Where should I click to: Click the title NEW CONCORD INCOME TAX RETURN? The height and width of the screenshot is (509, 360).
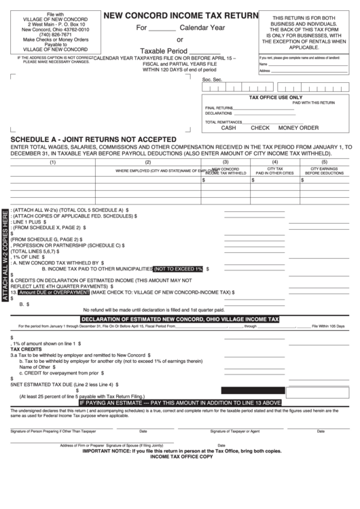(x=181, y=16)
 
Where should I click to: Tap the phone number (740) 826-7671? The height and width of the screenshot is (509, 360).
(x=46, y=35)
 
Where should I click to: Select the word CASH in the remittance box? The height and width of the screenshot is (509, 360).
(x=229, y=128)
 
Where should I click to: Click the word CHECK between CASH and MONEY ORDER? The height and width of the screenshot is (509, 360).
(x=260, y=128)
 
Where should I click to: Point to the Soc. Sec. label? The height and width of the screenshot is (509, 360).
(x=213, y=80)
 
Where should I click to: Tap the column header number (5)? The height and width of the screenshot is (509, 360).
(x=324, y=162)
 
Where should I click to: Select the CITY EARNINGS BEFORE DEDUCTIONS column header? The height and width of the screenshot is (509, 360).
(x=324, y=171)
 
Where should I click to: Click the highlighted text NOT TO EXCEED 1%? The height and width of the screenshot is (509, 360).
(x=179, y=268)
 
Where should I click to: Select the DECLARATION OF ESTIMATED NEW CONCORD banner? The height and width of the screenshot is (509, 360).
(x=180, y=319)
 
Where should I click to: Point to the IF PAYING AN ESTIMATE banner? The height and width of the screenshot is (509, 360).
(x=180, y=402)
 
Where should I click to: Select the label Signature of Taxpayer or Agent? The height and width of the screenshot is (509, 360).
(x=234, y=431)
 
